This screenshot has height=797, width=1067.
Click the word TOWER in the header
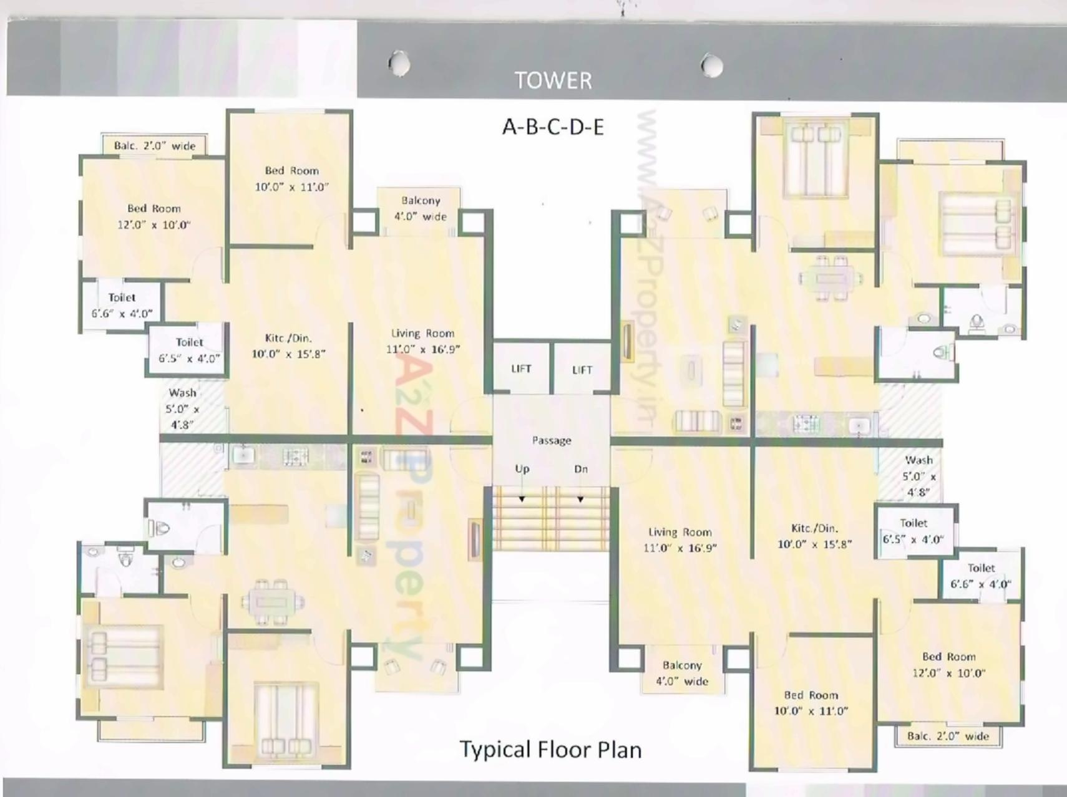[553, 80]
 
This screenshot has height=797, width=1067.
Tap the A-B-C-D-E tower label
[553, 127]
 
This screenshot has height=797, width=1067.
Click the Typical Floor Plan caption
[550, 750]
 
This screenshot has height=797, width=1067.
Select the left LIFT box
[521, 369]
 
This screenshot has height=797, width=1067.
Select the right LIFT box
[582, 370]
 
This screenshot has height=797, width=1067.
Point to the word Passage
[552, 440]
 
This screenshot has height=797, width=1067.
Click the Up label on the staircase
[522, 469]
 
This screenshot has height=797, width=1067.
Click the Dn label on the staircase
[581, 469]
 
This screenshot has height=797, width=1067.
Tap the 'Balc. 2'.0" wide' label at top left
[154, 146]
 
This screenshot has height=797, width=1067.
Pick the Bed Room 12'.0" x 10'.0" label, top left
[153, 216]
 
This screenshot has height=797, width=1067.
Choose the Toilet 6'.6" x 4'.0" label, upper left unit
[122, 306]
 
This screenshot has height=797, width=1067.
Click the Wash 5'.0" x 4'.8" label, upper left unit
[182, 408]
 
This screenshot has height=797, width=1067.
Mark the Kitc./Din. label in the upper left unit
[288, 345]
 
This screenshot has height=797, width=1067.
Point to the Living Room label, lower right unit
[680, 539]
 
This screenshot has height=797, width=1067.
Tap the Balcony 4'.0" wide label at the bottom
[682, 674]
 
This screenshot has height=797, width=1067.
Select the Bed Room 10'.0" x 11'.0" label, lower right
[811, 703]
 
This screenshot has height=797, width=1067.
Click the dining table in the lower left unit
[272, 603]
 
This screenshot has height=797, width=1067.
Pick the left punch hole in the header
[399, 63]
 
